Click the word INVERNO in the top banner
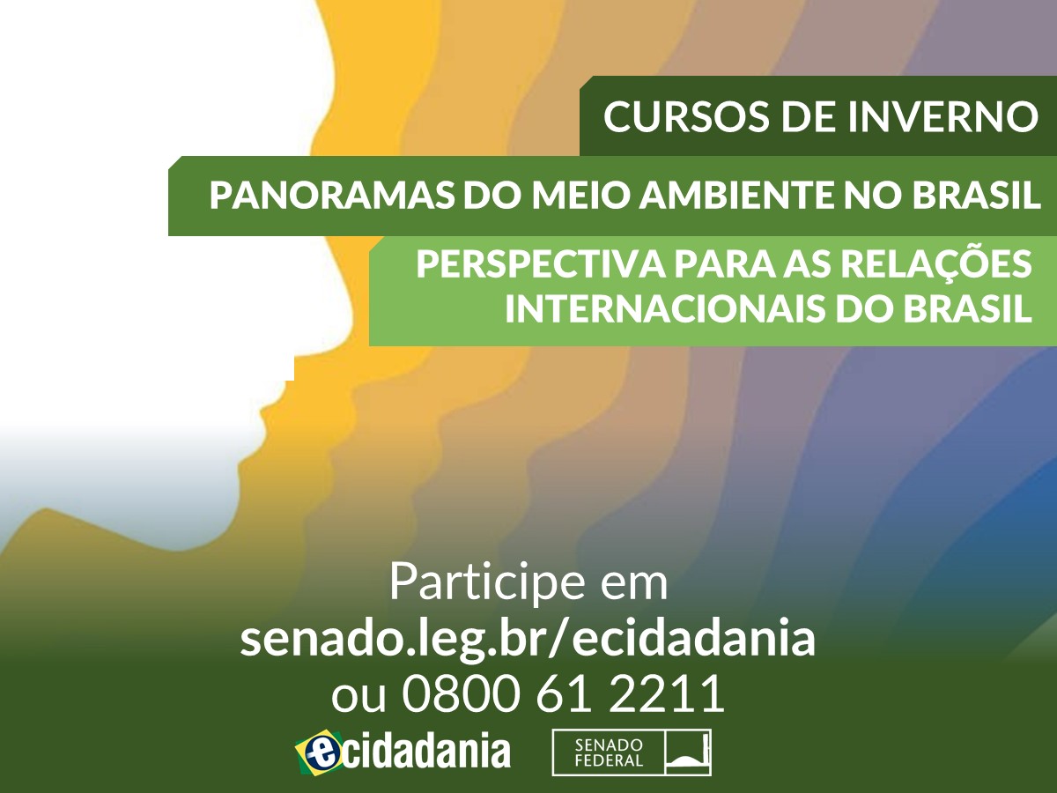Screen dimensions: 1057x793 coord(942,116)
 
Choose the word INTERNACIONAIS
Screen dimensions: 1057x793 coord(664,308)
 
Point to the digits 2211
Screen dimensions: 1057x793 coord(667,693)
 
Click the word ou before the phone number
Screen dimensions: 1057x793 coord(358,698)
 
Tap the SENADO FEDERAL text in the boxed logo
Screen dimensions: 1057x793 coord(609,753)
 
